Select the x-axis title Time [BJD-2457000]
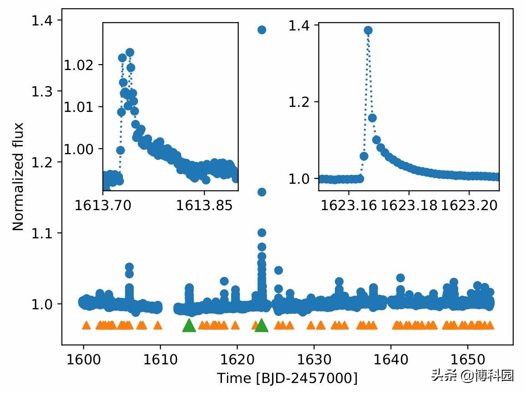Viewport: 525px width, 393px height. (x=287, y=378)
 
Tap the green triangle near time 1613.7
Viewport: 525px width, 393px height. (x=189, y=326)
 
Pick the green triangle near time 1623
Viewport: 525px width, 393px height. (x=261, y=326)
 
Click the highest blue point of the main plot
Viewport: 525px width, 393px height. (x=262, y=30)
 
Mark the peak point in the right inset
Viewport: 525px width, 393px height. (x=368, y=30)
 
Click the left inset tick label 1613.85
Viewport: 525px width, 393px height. (x=204, y=206)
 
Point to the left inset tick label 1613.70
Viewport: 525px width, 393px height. (x=103, y=206)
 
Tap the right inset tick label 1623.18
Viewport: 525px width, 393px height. (x=409, y=206)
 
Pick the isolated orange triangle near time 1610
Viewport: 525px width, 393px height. (x=158, y=325)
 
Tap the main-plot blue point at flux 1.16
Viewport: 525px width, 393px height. (x=262, y=192)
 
